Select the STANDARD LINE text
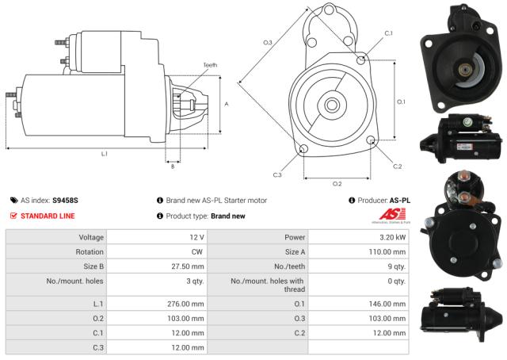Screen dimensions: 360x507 (x=48, y=215)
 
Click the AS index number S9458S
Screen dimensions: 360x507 (x=65, y=201)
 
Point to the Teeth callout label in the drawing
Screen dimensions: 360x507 (x=209, y=65)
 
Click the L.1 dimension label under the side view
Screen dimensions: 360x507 (x=105, y=153)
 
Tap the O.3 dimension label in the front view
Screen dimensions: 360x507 (x=267, y=42)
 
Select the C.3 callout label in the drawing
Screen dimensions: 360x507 (x=277, y=174)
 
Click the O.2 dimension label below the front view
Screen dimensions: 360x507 (x=336, y=184)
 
